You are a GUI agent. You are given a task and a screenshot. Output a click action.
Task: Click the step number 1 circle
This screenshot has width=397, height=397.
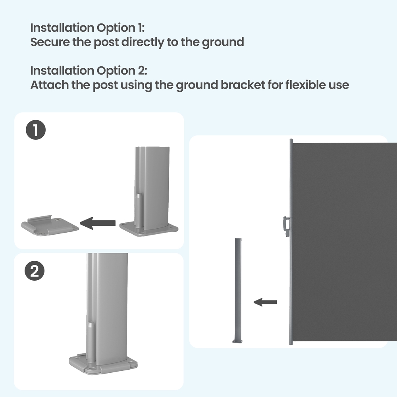pos(36,130)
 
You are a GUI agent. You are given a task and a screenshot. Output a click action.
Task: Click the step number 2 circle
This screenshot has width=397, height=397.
pos(35,271)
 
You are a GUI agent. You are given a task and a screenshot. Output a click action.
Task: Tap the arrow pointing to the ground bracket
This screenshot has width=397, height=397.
pos(98,223)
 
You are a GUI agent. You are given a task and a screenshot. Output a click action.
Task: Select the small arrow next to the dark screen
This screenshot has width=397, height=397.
pos(265,302)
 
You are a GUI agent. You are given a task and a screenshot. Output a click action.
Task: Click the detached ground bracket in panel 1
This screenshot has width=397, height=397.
pos(50,225)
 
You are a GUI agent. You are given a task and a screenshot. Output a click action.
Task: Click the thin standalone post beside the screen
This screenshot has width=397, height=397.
pos(238,290)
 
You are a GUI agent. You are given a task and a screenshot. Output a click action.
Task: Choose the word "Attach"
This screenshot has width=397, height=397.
pos(49,85)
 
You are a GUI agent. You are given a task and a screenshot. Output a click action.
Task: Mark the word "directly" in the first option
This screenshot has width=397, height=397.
pos(143,42)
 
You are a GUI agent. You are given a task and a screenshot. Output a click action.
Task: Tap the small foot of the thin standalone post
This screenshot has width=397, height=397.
pos(237,341)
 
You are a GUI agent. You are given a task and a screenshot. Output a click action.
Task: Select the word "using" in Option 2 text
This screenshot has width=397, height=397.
pos(136,85)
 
